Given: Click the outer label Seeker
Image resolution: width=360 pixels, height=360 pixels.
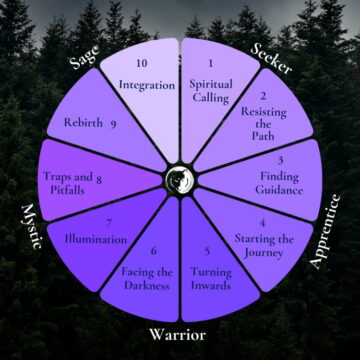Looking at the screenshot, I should tap(273, 63).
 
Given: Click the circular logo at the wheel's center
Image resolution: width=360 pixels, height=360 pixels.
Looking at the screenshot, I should tap(180, 180).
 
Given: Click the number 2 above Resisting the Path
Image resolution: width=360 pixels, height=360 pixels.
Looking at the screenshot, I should tap(262, 97).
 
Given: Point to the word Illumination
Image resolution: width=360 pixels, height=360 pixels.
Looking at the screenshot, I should tap(96, 239).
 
